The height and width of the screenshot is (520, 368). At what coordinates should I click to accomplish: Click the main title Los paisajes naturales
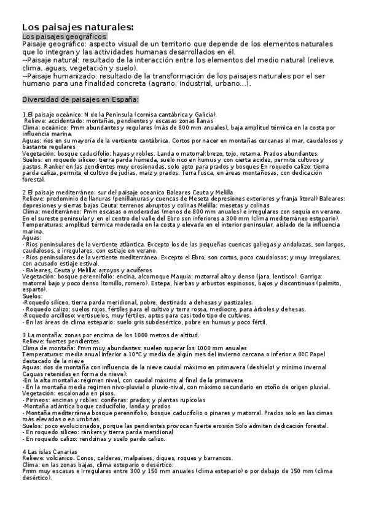(x=77, y=27)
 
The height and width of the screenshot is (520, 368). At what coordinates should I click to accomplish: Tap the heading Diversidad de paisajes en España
(x=80, y=99)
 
